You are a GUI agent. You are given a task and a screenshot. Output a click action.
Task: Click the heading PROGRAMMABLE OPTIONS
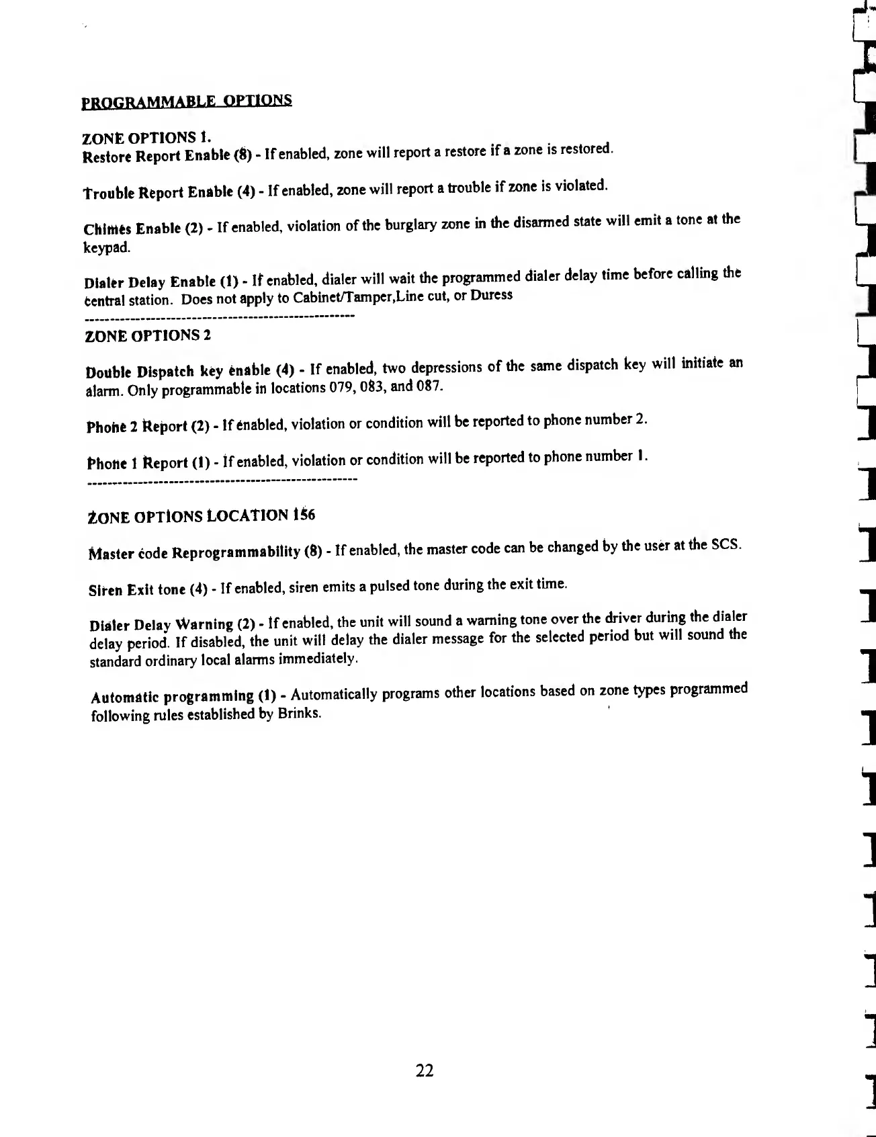[x=186, y=101]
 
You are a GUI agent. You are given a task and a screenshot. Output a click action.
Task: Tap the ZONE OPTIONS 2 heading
[x=148, y=336]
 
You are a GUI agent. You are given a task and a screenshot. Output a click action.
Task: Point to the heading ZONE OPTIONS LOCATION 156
[x=202, y=517]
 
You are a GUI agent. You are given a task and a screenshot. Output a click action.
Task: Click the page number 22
[x=425, y=1071]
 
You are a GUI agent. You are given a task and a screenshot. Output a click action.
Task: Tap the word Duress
[x=491, y=296]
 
